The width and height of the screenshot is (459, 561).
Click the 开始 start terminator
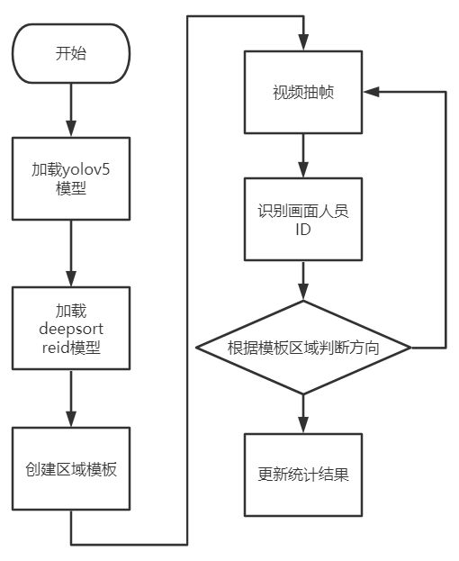(x=71, y=54)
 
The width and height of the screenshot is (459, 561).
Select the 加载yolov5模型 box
(x=71, y=178)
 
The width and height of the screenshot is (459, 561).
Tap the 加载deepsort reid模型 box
(x=71, y=328)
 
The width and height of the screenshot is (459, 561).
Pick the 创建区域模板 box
(x=71, y=468)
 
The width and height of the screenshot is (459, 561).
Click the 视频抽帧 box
(x=303, y=93)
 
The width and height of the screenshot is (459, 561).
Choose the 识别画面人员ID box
(x=303, y=219)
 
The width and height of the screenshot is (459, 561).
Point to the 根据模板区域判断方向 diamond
(x=303, y=348)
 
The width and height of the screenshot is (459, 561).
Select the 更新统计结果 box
(x=303, y=475)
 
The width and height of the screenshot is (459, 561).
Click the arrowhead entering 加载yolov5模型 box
(x=71, y=129)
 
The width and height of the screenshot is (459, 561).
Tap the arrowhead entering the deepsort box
(x=71, y=278)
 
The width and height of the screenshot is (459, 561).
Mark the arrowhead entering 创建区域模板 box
(x=71, y=419)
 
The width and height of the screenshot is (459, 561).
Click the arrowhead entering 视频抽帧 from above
(x=303, y=42)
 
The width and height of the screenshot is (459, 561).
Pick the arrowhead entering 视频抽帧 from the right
(x=372, y=92)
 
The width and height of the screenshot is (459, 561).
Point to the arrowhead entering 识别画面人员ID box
(x=303, y=169)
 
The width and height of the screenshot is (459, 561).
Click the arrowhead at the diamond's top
(x=303, y=292)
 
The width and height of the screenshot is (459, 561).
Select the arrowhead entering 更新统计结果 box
(x=303, y=425)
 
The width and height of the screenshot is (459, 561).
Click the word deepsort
(x=71, y=330)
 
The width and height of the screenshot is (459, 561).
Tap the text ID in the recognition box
(x=303, y=230)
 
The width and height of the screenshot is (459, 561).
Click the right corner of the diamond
(x=411, y=348)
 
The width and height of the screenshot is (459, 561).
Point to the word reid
(x=56, y=348)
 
